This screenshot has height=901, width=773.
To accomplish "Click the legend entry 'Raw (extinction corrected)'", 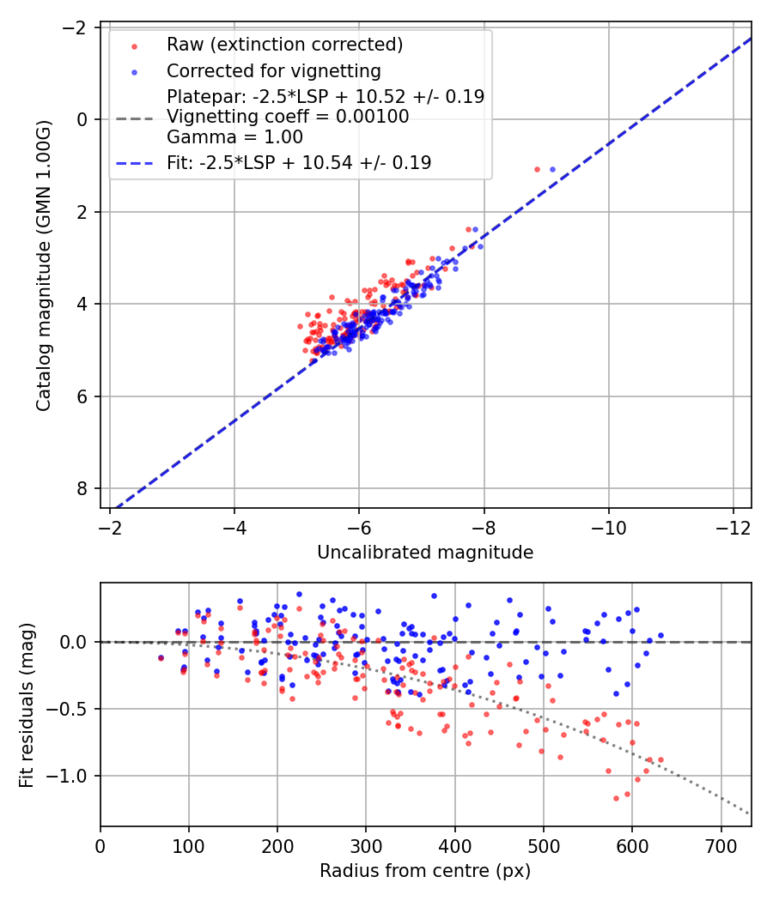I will pos(284,45).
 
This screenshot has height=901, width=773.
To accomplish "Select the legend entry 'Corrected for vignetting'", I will pos(273,70).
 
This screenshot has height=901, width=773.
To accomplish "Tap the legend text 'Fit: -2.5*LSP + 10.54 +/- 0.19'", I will pos(299,162).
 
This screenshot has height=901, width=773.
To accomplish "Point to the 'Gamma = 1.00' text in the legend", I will pos(234,137).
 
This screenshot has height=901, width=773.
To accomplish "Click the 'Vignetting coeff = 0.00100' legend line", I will pos(288,118).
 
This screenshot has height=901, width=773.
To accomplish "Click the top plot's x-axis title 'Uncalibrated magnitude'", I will pos(425,553).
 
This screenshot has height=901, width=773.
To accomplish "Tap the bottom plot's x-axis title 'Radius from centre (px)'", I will pos(425,871).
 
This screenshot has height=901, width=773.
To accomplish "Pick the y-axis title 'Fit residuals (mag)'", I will pos(27,704).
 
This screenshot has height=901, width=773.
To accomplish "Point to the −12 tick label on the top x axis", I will pos(733,525).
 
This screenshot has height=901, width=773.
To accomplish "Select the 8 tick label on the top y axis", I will pos(82,488).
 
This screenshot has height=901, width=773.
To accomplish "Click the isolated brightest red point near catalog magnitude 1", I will pos(538,170).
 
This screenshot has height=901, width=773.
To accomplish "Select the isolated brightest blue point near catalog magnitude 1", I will pos(552,170).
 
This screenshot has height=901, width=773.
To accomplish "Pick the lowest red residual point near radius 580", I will pos(616,798).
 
